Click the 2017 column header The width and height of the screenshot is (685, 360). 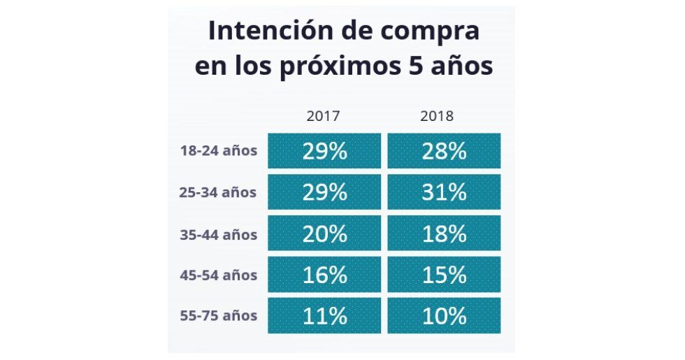pos(323,116)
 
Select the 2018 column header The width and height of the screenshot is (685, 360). pos(437,116)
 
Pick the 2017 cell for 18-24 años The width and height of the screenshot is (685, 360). pos(324,151)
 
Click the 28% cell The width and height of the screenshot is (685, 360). pos(444,151)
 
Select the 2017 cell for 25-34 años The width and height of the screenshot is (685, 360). pos(324,192)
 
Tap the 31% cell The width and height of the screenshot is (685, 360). pos(444,192)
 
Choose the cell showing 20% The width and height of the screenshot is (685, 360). pos(324,233)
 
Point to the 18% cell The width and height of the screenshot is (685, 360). pos(444,233)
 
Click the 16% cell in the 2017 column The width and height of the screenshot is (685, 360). pos(324,275)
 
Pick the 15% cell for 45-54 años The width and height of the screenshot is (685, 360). pos(444,275)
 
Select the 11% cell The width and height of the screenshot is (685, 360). pos(324,316)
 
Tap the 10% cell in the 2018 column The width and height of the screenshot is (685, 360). pos(444,316)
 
